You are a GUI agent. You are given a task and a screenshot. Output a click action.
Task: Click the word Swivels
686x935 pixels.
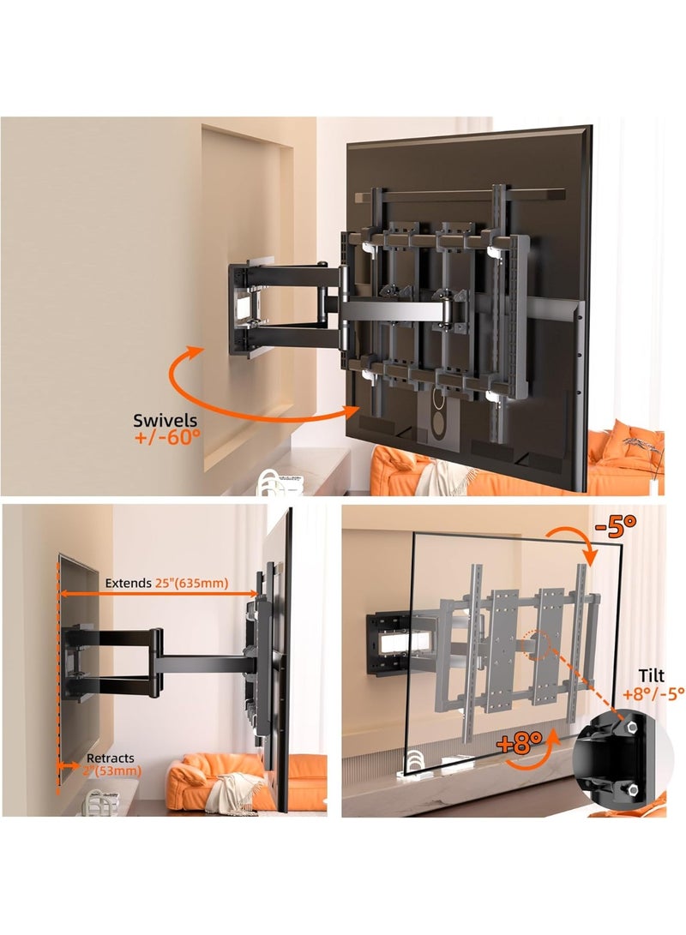pyautogui.click(x=165, y=420)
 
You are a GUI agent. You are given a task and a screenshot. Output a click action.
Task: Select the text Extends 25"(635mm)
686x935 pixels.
pyautogui.click(x=166, y=583)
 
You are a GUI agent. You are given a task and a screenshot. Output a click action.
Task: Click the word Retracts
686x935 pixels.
pyautogui.click(x=109, y=759)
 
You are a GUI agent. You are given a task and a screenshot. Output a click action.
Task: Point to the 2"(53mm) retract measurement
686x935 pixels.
pyautogui.click(x=113, y=771)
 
